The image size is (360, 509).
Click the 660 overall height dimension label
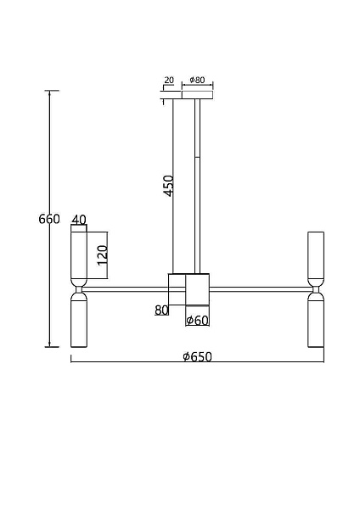point(49,219)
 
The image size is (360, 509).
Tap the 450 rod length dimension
point(169,186)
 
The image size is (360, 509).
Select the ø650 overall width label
point(197,357)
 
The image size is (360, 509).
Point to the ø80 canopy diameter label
point(197,80)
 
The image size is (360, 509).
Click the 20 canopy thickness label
point(169,80)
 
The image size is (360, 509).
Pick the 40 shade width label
point(79,220)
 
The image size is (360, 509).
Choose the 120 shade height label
point(103,255)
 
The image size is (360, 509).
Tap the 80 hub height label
point(161,310)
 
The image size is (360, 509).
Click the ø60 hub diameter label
point(197,321)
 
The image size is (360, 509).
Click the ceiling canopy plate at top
point(197,95)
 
